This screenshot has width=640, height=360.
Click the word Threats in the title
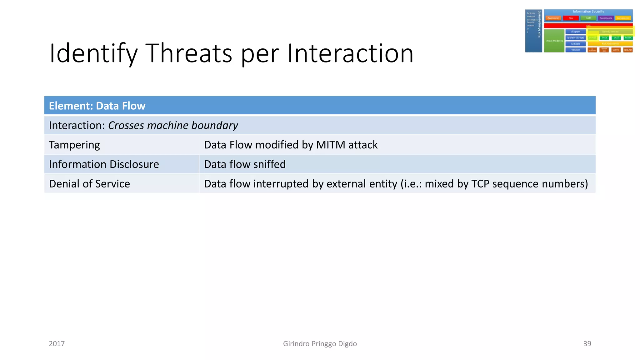pyautogui.click(x=189, y=53)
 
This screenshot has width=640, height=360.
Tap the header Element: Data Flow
pyautogui.click(x=97, y=106)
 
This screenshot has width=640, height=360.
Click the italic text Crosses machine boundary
pyautogui.click(x=173, y=125)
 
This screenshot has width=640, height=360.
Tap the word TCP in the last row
pyautogui.click(x=480, y=184)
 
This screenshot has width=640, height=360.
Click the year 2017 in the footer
pyautogui.click(x=57, y=344)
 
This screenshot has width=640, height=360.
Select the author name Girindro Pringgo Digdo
pyautogui.click(x=320, y=344)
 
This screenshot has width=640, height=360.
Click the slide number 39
pyautogui.click(x=587, y=344)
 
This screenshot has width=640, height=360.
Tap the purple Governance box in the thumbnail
pyautogui.click(x=606, y=18)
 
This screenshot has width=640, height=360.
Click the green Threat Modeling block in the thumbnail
pyautogui.click(x=554, y=41)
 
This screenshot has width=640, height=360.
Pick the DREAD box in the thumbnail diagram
pyautogui.click(x=628, y=50)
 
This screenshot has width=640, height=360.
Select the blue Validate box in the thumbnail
pyautogui.click(x=575, y=50)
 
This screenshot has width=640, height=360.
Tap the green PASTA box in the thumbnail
pyautogui.click(x=628, y=38)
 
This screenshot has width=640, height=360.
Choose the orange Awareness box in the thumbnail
pyautogui.click(x=553, y=18)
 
